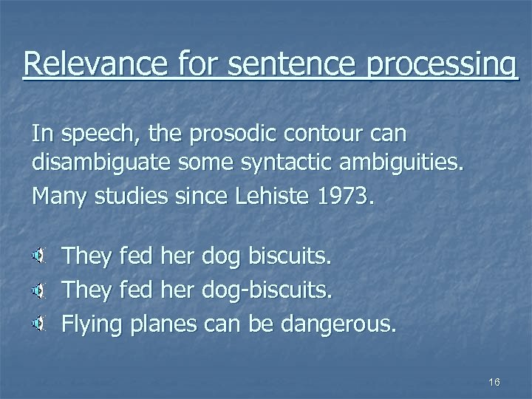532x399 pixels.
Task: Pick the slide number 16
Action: (494, 381)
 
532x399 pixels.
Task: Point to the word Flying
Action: (95, 323)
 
